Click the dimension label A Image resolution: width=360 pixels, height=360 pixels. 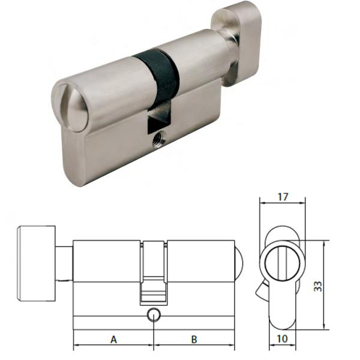tap(113, 340)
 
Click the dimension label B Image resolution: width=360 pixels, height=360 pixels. tap(194, 340)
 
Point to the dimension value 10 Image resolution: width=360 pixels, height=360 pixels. tap(283, 340)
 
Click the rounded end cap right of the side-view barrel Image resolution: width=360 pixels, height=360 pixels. tap(238, 260)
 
